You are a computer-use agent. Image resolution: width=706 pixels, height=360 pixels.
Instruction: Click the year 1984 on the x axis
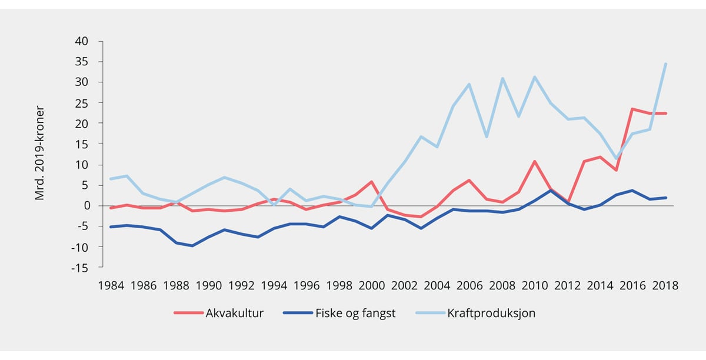[x=111, y=285]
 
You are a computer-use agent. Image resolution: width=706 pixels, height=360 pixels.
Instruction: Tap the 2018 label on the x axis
[x=665, y=285]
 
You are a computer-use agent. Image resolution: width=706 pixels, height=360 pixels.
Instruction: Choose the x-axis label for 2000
[x=372, y=285]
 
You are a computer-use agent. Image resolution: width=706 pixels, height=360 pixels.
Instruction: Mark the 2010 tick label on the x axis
[x=535, y=285]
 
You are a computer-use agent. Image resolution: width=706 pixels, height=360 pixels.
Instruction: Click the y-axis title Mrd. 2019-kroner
[x=40, y=154]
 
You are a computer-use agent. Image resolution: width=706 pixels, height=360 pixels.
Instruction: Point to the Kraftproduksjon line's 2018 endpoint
[x=665, y=64]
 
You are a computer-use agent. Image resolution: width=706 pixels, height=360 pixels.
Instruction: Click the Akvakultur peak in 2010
[x=535, y=161]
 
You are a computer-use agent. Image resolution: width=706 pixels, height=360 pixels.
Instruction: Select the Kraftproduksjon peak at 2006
[x=469, y=84]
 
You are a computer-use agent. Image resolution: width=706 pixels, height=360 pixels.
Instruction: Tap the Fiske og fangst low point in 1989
[x=192, y=245]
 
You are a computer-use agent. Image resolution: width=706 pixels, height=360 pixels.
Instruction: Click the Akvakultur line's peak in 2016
[x=632, y=109]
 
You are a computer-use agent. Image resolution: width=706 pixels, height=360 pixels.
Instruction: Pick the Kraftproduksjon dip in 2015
[x=616, y=159]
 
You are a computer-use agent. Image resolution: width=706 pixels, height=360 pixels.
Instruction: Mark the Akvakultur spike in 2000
[x=372, y=182]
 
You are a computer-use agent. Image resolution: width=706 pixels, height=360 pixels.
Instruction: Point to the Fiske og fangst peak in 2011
[x=551, y=191]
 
